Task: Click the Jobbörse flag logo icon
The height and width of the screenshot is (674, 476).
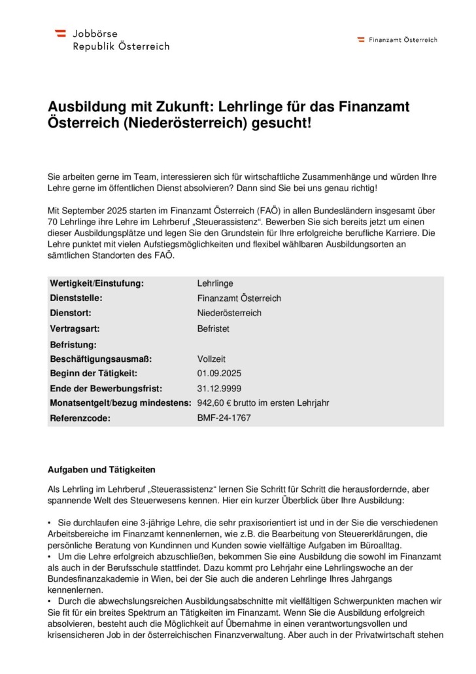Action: pyautogui.click(x=60, y=32)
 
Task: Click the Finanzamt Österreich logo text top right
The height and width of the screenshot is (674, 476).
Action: pyautogui.click(x=403, y=40)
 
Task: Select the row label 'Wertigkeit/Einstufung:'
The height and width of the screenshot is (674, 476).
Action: pyautogui.click(x=96, y=283)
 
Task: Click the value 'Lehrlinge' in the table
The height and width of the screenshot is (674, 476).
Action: pyautogui.click(x=214, y=283)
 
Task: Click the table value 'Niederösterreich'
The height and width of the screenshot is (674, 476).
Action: pyautogui.click(x=229, y=313)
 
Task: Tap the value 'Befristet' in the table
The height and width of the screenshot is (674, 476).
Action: pyautogui.click(x=213, y=328)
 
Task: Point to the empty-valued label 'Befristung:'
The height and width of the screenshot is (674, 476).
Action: pyautogui.click(x=73, y=344)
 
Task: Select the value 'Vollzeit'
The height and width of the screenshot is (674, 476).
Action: pyautogui.click(x=212, y=359)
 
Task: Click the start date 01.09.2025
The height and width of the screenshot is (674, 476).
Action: pyautogui.click(x=219, y=374)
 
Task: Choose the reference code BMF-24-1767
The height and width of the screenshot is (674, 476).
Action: pyautogui.click(x=224, y=417)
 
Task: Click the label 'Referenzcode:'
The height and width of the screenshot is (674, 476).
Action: pyautogui.click(x=80, y=417)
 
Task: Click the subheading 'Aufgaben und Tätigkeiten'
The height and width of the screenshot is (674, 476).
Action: pyautogui.click(x=101, y=470)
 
